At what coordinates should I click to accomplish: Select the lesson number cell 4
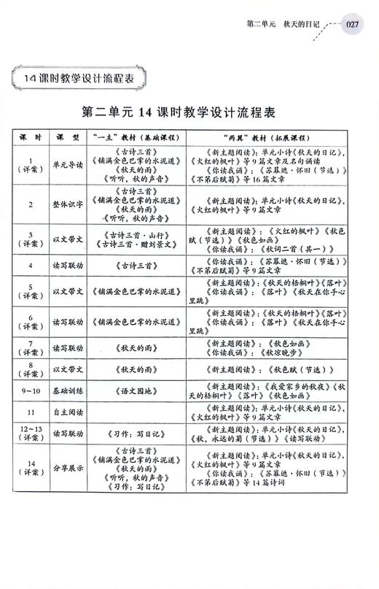pyautogui.click(x=30, y=266)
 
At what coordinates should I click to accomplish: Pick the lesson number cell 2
pyautogui.click(x=30, y=204)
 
